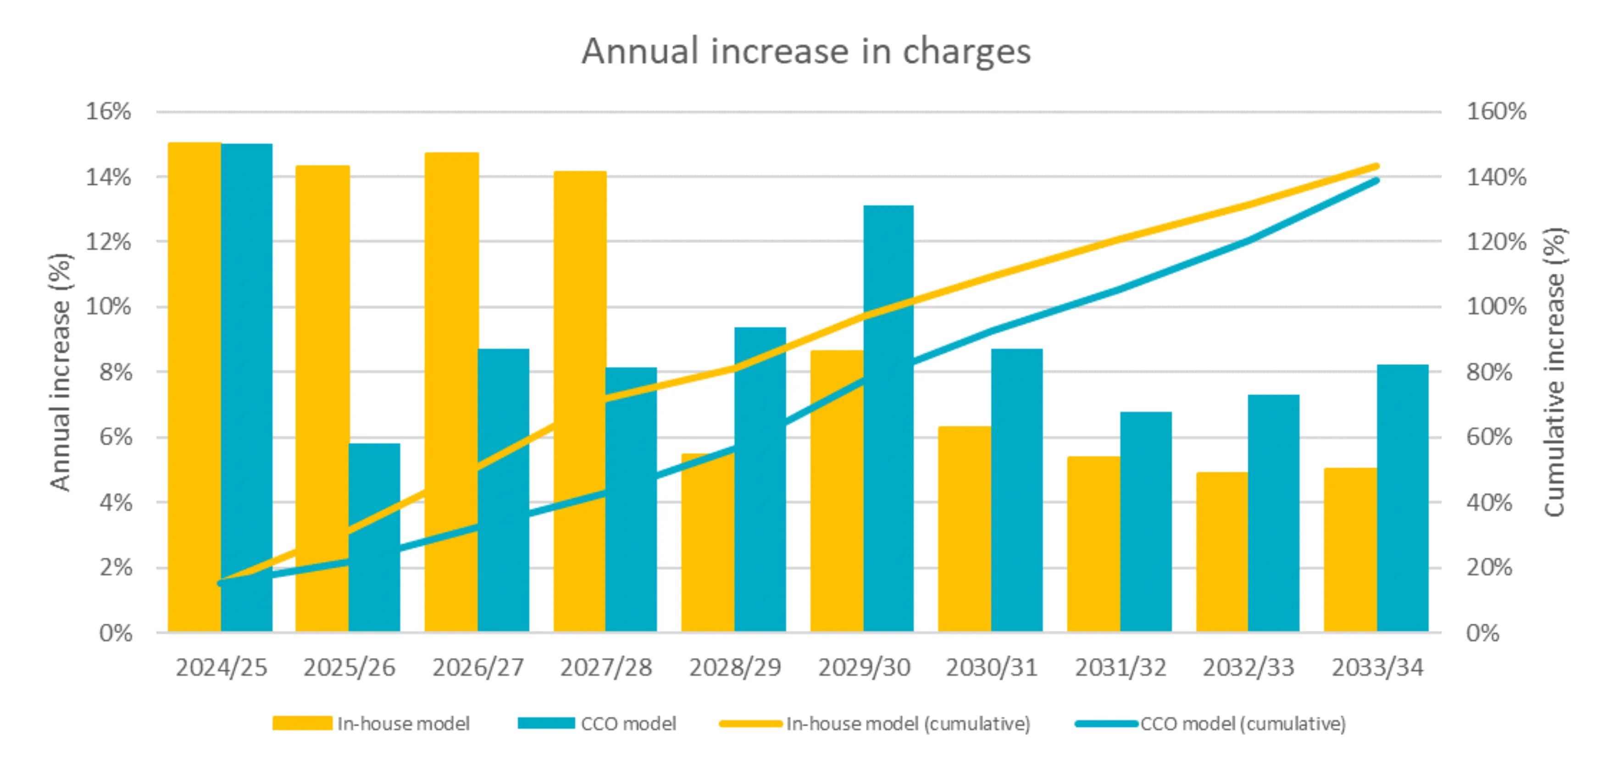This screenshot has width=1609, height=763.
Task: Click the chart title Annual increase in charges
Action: pyautogui.click(x=806, y=51)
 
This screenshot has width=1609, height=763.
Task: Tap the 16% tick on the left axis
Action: pyautogui.click(x=108, y=112)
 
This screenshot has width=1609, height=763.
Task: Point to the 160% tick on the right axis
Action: pyautogui.click(x=1496, y=112)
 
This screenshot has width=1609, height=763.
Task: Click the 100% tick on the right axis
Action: pyautogui.click(x=1496, y=307)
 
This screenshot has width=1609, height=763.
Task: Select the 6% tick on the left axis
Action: pyautogui.click(x=116, y=437)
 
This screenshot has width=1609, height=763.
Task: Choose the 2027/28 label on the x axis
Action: pyautogui.click(x=606, y=668)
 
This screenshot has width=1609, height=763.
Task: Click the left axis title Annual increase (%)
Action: pyautogui.click(x=61, y=372)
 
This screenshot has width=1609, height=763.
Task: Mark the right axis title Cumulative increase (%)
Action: pyautogui.click(x=1555, y=372)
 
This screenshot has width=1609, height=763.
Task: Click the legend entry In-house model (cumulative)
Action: pyautogui.click(x=908, y=724)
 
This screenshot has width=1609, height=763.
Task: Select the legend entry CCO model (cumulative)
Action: pyautogui.click(x=1243, y=724)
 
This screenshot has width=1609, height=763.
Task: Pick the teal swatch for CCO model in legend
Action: pyautogui.click(x=546, y=723)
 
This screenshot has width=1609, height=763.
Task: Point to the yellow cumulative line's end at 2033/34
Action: pyautogui.click(x=1376, y=167)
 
